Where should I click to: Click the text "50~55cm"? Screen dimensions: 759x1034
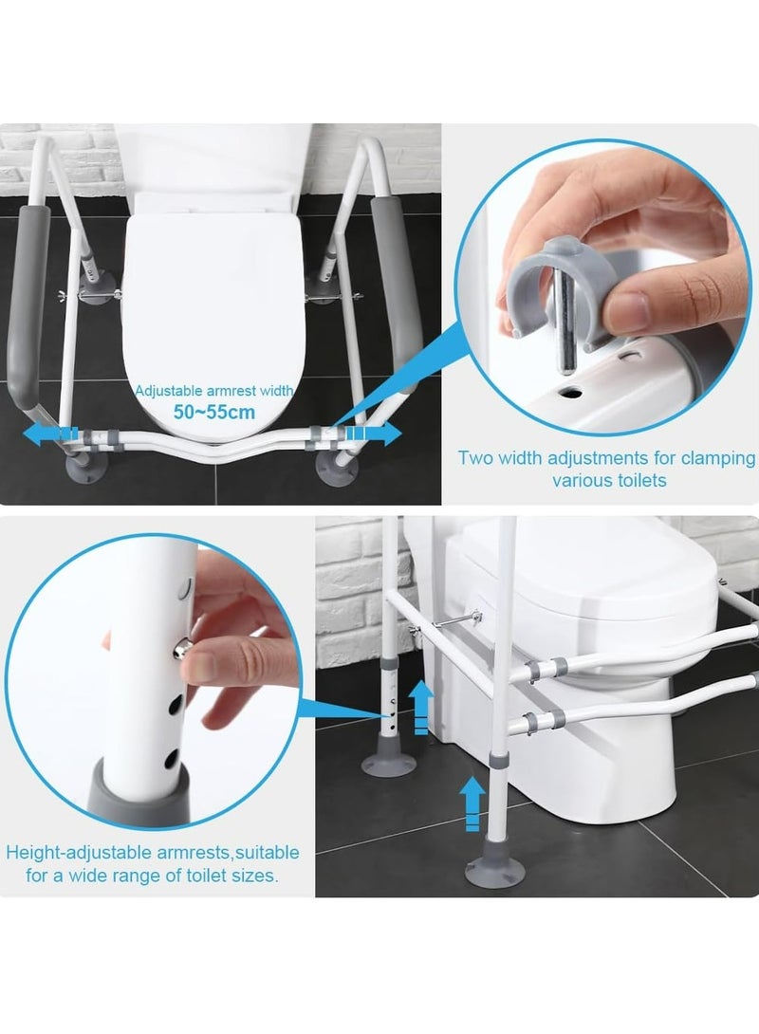(214, 412)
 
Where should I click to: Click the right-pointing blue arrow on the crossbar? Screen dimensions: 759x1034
(373, 434)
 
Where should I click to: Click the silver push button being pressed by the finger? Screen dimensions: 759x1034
(182, 650)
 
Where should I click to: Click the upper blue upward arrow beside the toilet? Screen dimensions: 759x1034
(420, 707)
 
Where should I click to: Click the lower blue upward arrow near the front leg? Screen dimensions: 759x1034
(472, 803)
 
